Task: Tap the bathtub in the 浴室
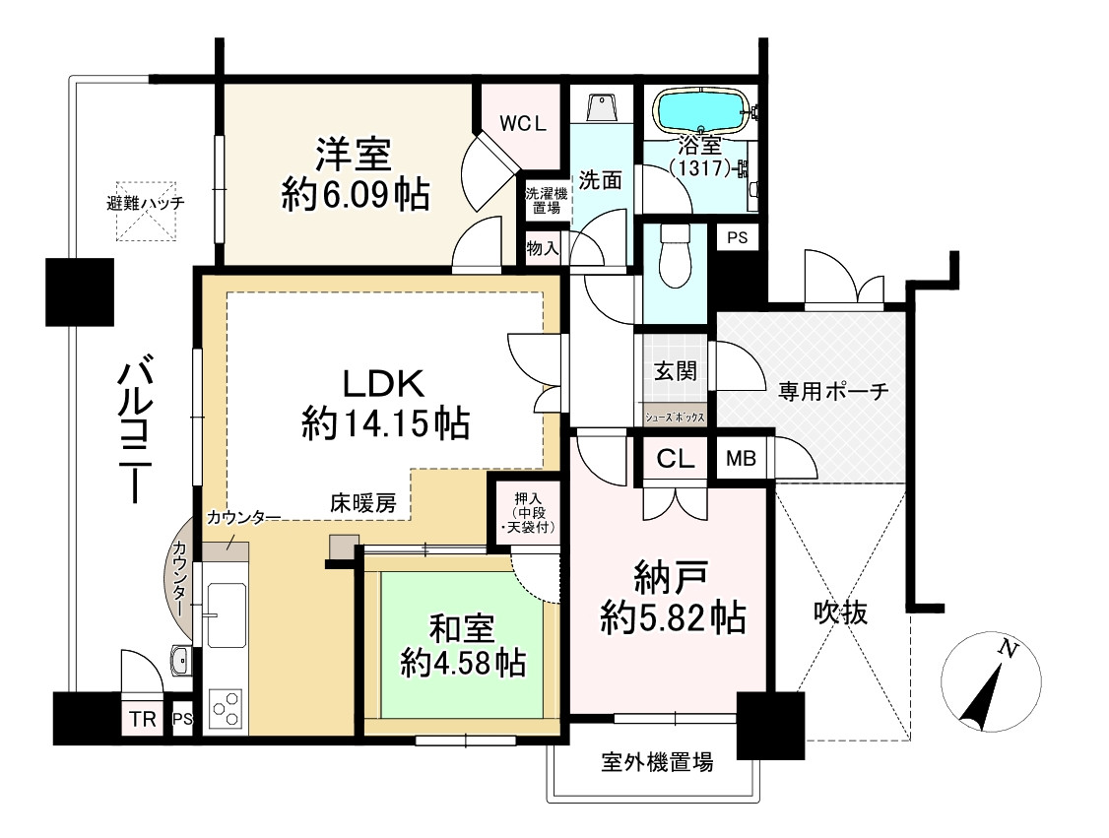tap(700, 110)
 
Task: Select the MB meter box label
tap(742, 458)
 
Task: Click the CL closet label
tap(677, 459)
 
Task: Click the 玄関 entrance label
tap(676, 370)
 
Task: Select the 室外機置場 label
tap(657, 761)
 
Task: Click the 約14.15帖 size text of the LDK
tap(384, 424)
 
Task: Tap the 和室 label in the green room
tap(461, 627)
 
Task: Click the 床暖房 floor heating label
tap(362, 503)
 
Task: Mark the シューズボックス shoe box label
tap(675, 418)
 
